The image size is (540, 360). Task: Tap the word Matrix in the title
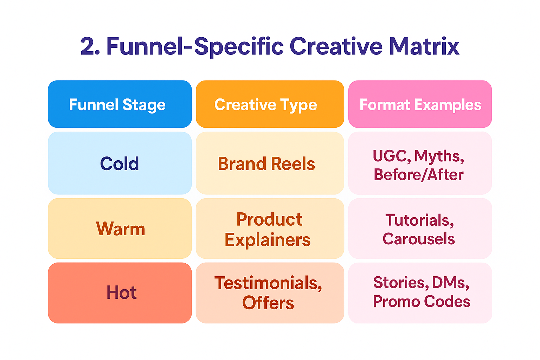pyautogui.click(x=424, y=46)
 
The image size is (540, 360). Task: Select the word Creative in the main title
pyautogui.click(x=336, y=46)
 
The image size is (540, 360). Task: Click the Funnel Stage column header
pyautogui.click(x=120, y=104)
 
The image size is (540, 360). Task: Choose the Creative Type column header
pyautogui.click(x=270, y=104)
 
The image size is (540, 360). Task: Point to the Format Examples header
pyautogui.click(x=420, y=104)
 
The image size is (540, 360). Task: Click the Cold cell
pyautogui.click(x=120, y=163)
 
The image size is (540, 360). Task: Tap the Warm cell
pyautogui.click(x=120, y=229)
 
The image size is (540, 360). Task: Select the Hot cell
pyautogui.click(x=120, y=293)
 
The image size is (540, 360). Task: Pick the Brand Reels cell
pyautogui.click(x=270, y=163)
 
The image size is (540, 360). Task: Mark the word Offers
pyautogui.click(x=268, y=303)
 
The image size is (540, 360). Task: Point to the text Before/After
pyautogui.click(x=418, y=175)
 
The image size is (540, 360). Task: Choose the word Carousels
pyautogui.click(x=419, y=239)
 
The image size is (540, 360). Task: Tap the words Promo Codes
pyautogui.click(x=422, y=301)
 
